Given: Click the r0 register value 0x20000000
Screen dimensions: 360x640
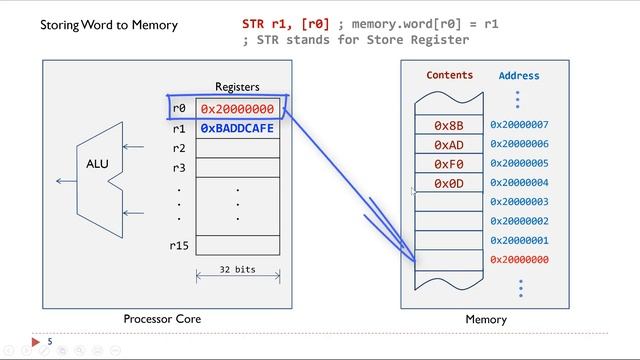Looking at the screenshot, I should [x=237, y=109].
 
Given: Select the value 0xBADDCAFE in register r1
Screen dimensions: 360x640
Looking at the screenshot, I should [x=237, y=129].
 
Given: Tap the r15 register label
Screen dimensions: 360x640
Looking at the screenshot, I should [x=179, y=244].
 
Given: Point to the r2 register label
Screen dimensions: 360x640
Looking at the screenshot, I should [x=179, y=148].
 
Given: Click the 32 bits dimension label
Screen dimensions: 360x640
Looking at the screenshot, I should [x=237, y=269].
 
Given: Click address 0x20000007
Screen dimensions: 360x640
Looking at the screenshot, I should [x=519, y=126].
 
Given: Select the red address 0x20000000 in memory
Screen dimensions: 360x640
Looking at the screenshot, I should [x=519, y=260].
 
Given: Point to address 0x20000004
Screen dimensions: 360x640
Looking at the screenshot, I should [x=519, y=183].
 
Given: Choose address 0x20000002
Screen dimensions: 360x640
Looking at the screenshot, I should [x=519, y=221].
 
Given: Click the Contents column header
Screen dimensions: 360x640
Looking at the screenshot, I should [x=449, y=75].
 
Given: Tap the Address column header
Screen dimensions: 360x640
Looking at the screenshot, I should [x=518, y=76].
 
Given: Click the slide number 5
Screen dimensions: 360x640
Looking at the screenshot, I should [x=49, y=341].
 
